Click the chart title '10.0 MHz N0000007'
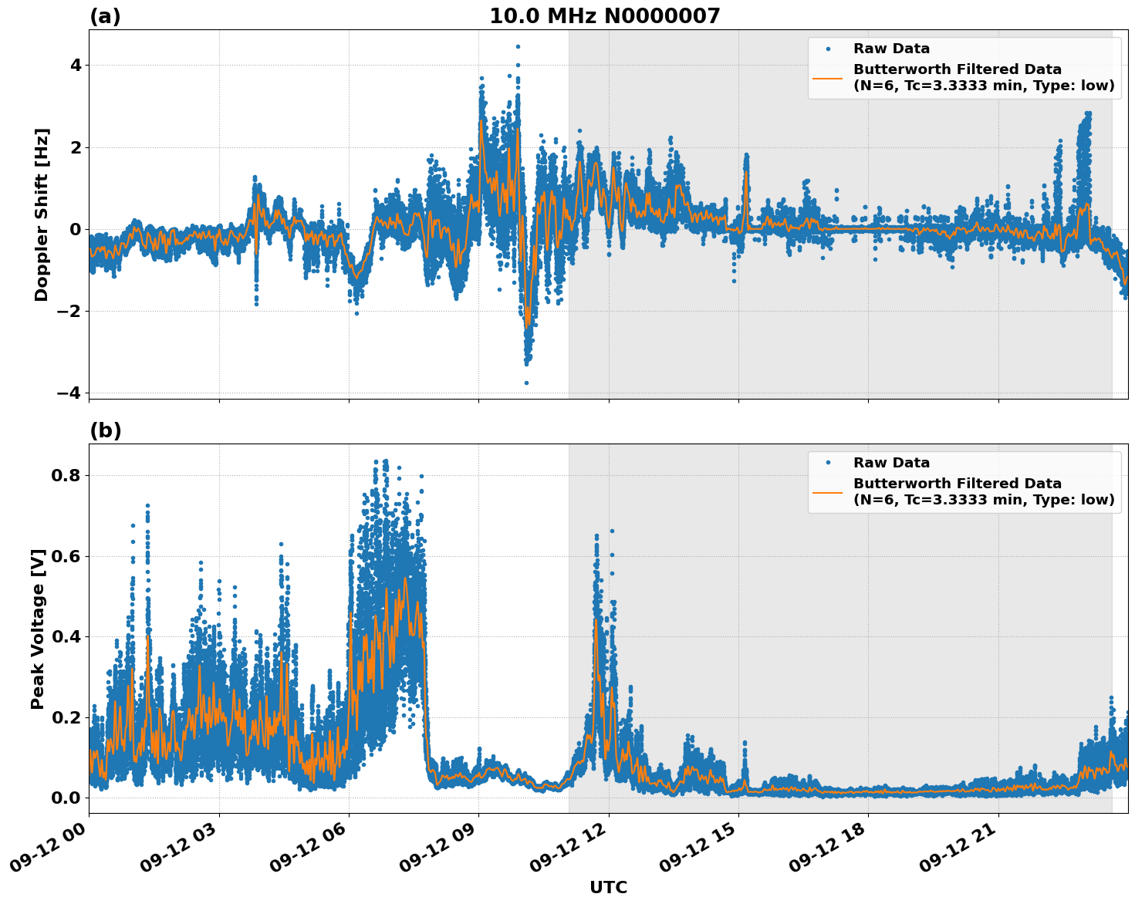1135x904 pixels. (x=604, y=16)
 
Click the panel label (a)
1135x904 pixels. (x=105, y=16)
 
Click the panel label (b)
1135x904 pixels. (x=105, y=430)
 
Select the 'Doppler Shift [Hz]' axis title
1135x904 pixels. (x=42, y=214)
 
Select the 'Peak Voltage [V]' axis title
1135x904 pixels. (x=38, y=629)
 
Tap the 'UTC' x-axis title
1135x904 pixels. (x=608, y=887)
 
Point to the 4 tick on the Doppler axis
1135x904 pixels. (x=75, y=66)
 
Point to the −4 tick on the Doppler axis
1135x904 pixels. (x=69, y=393)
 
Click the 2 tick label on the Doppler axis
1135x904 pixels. (x=75, y=147)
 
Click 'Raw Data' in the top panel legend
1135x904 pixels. (x=891, y=49)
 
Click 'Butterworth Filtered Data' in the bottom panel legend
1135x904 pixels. (x=957, y=484)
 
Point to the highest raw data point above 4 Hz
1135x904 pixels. (x=518, y=46)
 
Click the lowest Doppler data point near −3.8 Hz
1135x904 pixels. (x=526, y=383)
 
